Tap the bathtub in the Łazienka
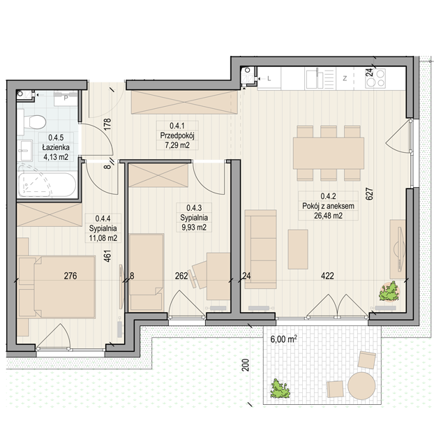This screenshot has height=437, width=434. coord(47,185)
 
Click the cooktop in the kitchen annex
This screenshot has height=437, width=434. coord(375,79)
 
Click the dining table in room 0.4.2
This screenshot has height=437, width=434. coord(329,153)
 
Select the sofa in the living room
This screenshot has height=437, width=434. coord(260,249)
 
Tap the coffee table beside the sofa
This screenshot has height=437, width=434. coord(298,249)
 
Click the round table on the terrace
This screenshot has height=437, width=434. coord(361,386)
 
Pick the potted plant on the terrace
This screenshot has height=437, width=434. coord(280,389)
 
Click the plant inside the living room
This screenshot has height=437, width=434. coord(389,292)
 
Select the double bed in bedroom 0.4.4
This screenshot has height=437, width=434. coord(57,287)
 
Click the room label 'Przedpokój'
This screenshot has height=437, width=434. coord(177,135)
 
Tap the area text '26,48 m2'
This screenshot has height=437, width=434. coord(328,216)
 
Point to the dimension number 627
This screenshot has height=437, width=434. coord(369,193)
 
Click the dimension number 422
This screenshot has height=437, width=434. coord(327,276)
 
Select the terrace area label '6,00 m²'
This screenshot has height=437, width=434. coord(283,339)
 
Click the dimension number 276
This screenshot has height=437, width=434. coord(70,276)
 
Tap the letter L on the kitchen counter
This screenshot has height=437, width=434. coord(269,79)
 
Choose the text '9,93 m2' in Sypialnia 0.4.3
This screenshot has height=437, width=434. coord(194,228)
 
